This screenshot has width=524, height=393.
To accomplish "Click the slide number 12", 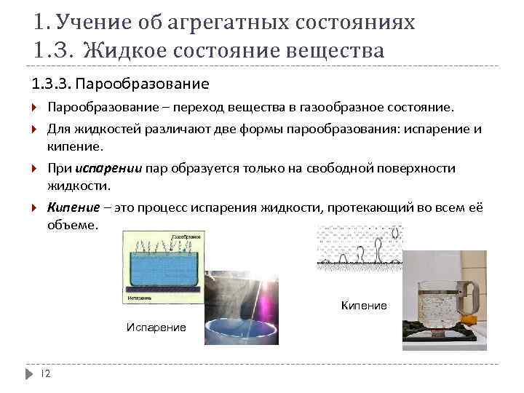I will [44, 373].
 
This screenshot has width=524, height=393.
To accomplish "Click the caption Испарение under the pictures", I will [156, 327].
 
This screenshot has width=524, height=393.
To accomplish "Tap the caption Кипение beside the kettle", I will [364, 306].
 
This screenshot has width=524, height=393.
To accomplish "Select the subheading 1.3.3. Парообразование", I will [119, 84].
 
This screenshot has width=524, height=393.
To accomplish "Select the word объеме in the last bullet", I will [71, 225].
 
